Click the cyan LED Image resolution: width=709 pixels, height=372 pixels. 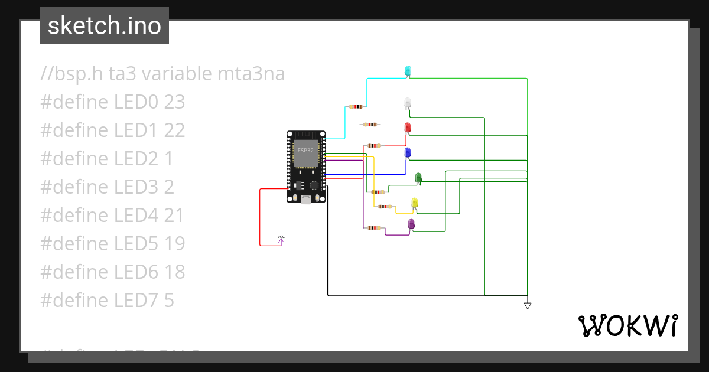[408, 70]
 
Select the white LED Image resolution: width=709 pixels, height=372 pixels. [407, 102]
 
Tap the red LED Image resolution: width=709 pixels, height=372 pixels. [407, 127]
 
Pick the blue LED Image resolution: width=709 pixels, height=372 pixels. [407, 152]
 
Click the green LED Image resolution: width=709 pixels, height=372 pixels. [418, 177]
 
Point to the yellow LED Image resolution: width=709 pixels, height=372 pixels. [414, 202]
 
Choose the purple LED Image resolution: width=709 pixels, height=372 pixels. [411, 223]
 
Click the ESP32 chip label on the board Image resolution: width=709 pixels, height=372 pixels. [305, 150]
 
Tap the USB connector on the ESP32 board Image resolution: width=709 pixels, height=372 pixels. [306, 200]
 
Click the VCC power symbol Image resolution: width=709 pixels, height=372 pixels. [281, 239]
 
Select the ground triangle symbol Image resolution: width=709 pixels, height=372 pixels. [528, 305]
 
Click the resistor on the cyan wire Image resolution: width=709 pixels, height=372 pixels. [356, 107]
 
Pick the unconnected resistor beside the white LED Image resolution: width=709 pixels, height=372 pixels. [370, 125]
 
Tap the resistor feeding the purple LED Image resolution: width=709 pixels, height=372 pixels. [374, 227]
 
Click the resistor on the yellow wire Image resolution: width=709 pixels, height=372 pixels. [385, 207]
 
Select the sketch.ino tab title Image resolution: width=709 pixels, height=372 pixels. [105, 26]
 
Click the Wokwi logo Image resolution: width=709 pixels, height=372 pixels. [627, 325]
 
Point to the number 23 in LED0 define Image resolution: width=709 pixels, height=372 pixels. [174, 102]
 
